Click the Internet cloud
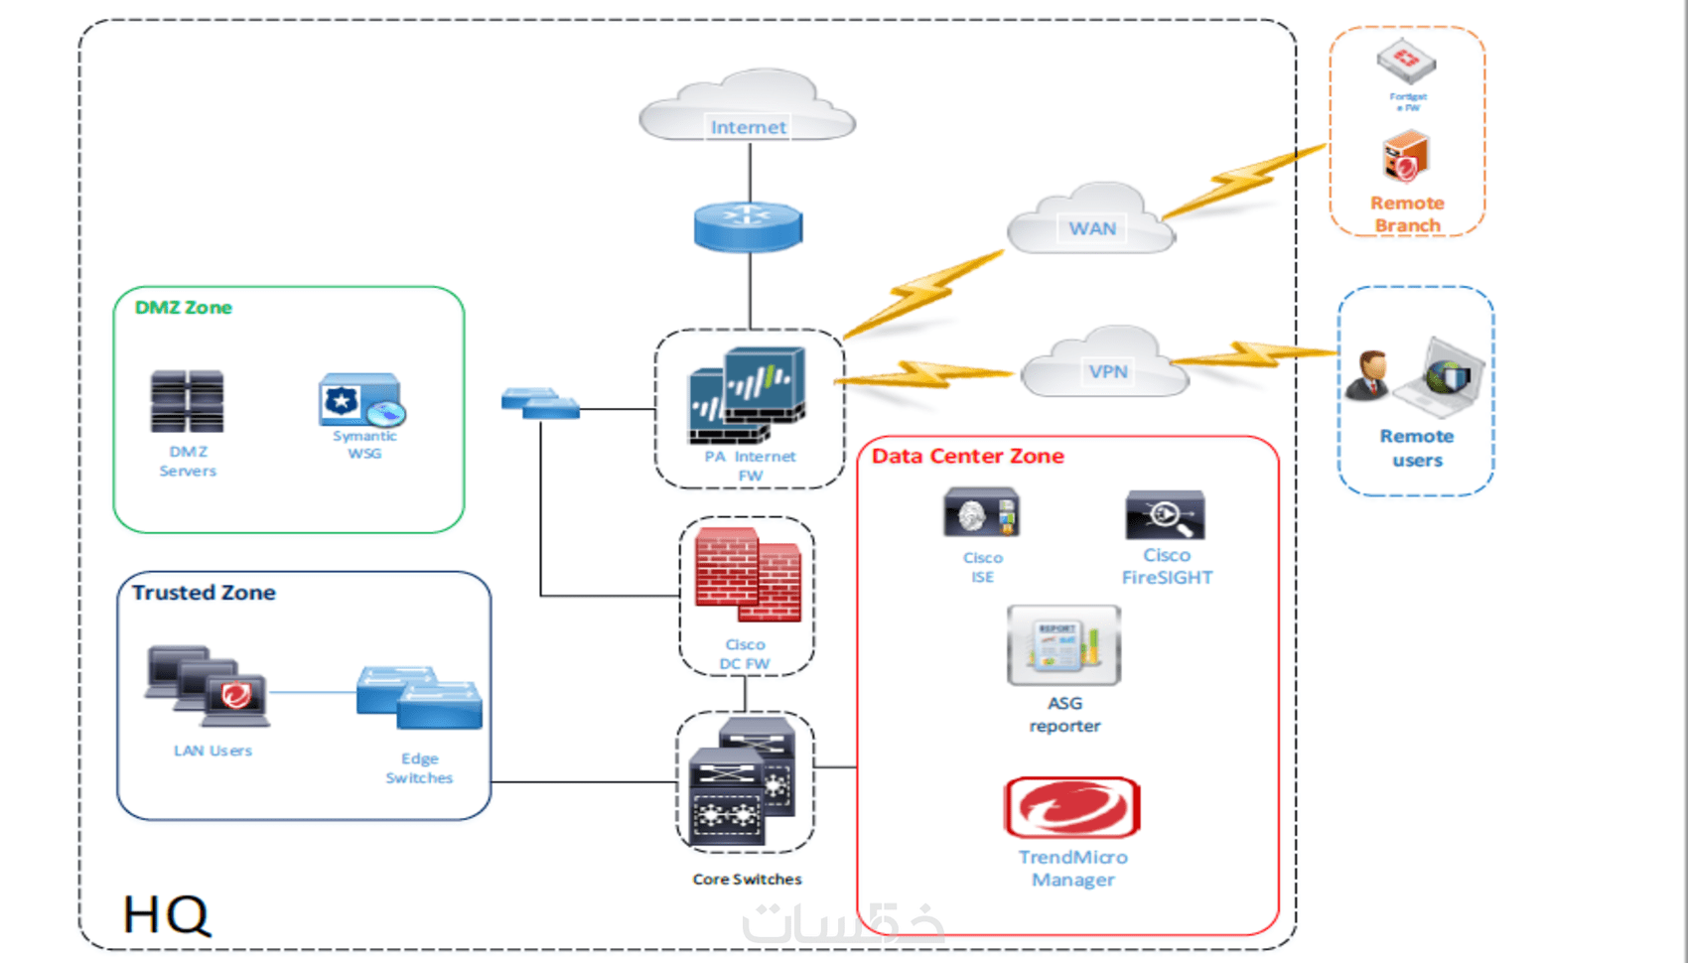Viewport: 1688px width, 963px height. pyautogui.click(x=748, y=107)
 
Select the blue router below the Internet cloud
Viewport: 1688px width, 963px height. pyautogui.click(x=748, y=226)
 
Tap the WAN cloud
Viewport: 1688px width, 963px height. pyautogui.click(x=1091, y=220)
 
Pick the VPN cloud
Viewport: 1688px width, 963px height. pyautogui.click(x=1105, y=364)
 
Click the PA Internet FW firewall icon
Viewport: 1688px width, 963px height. pyautogui.click(x=748, y=395)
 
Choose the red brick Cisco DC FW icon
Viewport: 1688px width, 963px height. pyautogui.click(x=748, y=575)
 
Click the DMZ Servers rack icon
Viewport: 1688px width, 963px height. pyautogui.click(x=187, y=401)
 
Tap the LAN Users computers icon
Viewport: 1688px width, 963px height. pyautogui.click(x=208, y=686)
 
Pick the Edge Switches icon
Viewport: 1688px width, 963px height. pyautogui.click(x=419, y=698)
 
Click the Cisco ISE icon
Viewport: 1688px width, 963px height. pyautogui.click(x=981, y=513)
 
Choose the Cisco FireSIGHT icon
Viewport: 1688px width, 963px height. pyautogui.click(x=1165, y=515)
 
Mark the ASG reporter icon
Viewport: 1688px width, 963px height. pyautogui.click(x=1063, y=645)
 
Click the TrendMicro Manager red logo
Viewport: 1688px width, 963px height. pyautogui.click(x=1072, y=807)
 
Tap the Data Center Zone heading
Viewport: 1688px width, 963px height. pyautogui.click(x=967, y=456)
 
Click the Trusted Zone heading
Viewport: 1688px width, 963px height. pyautogui.click(x=204, y=593)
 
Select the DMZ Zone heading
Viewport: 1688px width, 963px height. pyautogui.click(x=184, y=308)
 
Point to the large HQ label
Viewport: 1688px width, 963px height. pyautogui.click(x=166, y=914)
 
